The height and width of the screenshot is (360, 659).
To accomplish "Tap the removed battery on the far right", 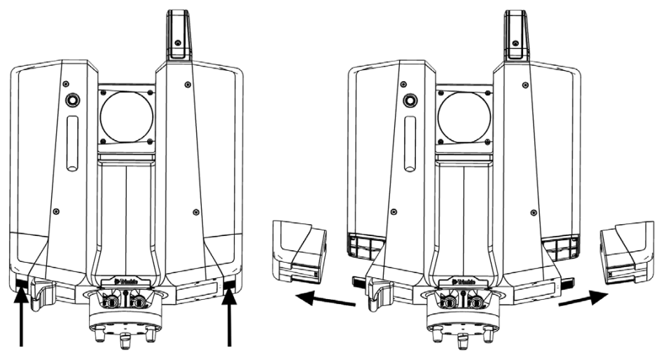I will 627,251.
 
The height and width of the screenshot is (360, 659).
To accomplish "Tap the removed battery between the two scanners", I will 299,251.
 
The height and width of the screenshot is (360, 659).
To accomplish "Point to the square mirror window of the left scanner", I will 126,116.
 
